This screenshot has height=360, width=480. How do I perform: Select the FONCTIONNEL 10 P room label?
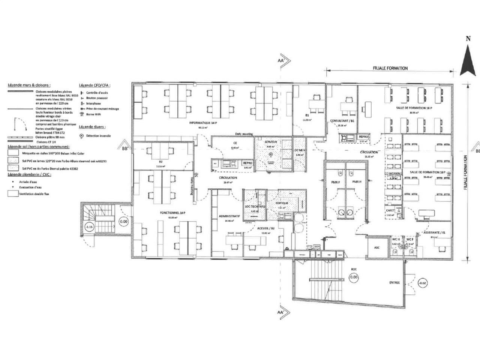(x=173, y=213)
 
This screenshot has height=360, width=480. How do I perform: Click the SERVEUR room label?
(x=270, y=142)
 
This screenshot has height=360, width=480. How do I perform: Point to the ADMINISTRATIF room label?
(x=229, y=216)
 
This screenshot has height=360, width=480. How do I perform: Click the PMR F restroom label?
(x=335, y=182)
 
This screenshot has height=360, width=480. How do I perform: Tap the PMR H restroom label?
(x=357, y=182)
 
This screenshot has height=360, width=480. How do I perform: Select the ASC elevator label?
(x=377, y=248)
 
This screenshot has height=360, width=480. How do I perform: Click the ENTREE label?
(x=394, y=283)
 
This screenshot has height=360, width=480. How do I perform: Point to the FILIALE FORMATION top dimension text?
(x=390, y=68)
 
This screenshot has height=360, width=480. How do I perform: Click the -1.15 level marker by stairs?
(x=89, y=227)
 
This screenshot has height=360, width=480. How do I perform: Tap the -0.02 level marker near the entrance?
(x=422, y=283)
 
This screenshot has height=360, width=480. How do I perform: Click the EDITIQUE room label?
(x=282, y=203)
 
